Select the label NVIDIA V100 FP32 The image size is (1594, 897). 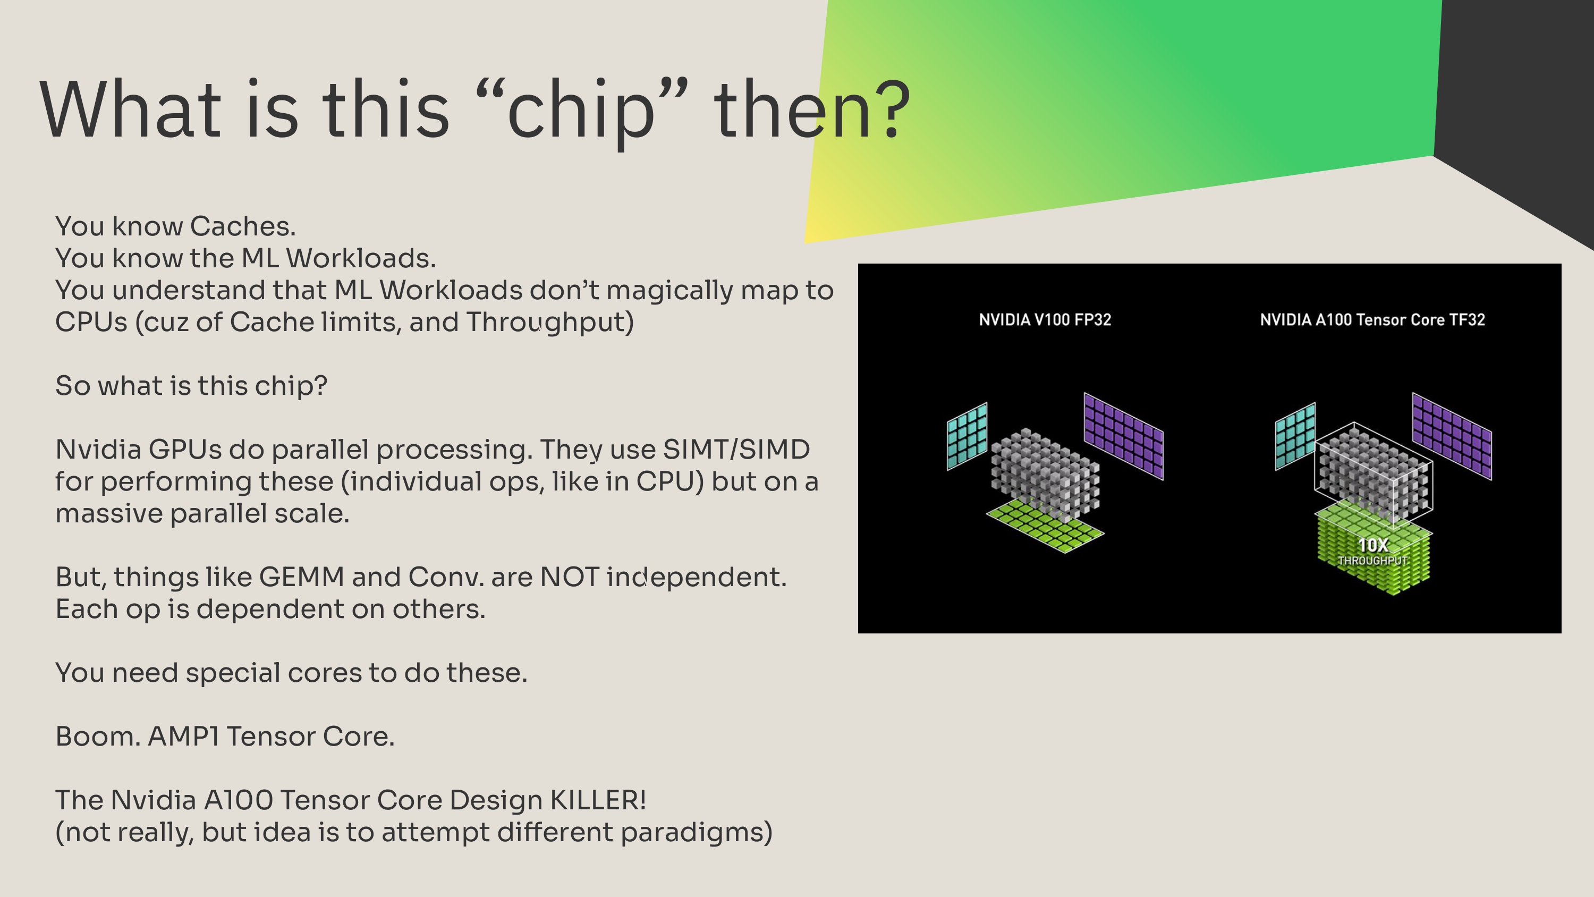1045,319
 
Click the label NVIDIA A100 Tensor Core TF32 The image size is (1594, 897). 1372,319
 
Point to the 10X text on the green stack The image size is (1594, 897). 1373,545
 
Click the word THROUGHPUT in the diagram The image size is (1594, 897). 1372,560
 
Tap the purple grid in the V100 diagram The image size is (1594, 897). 1124,436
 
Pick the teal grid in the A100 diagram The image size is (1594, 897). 1295,436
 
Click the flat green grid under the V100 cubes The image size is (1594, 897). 1045,526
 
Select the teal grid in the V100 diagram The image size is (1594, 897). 967,436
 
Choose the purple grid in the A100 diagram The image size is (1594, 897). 1452,436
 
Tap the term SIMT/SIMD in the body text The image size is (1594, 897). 736,450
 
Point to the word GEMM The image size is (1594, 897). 301,578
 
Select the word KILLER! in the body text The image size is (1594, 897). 598,800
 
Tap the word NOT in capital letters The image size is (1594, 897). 569,578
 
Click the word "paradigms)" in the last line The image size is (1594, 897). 696,833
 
